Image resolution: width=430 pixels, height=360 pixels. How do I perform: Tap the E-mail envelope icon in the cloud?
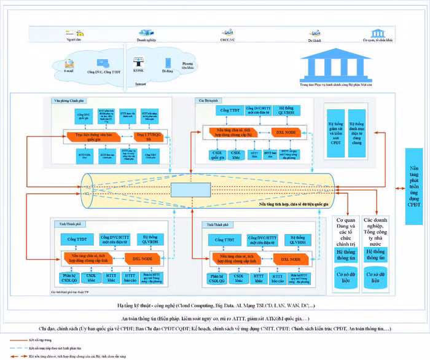pos(69,63)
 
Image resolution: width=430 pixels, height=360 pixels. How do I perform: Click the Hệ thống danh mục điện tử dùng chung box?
pos(356,125)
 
